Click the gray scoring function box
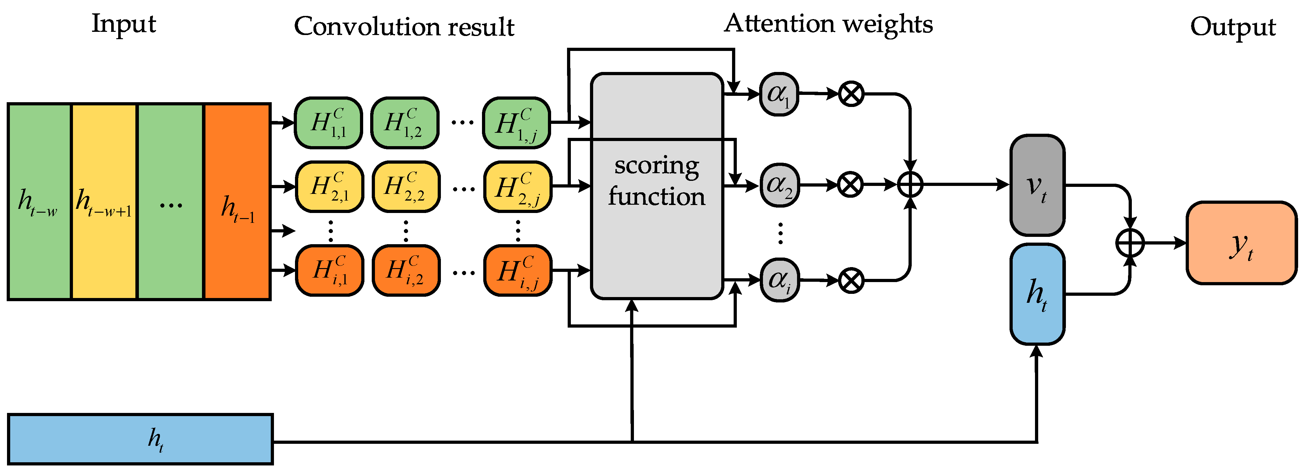tap(657, 186)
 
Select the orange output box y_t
tap(1241, 243)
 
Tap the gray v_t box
tap(1037, 185)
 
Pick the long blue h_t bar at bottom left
tap(141, 439)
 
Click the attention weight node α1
tap(779, 94)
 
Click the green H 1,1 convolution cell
tap(328, 123)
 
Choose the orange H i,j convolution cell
tap(517, 271)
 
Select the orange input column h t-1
tap(237, 202)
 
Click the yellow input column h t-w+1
tap(104, 202)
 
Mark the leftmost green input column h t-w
tap(39, 202)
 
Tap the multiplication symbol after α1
tap(851, 94)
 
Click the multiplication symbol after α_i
tap(851, 280)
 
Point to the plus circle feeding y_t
tap(1130, 243)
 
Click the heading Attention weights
tap(829, 24)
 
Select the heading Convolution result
tap(404, 26)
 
